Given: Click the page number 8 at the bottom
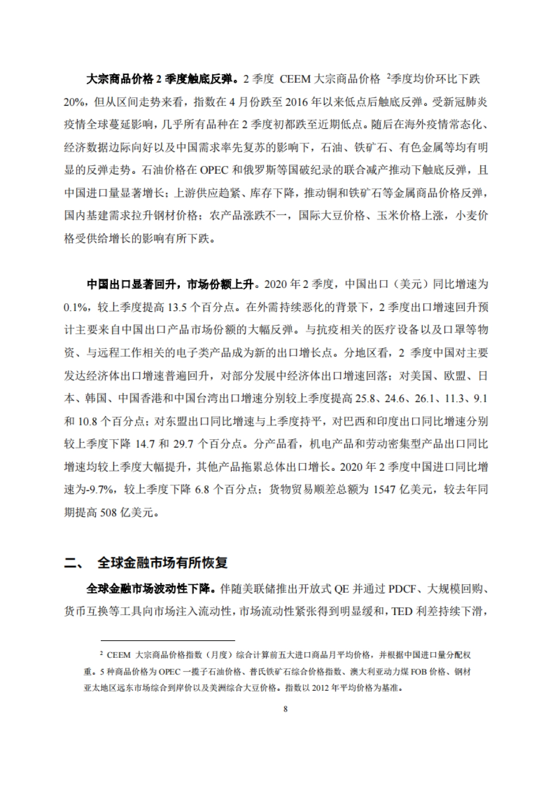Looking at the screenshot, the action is (285, 709).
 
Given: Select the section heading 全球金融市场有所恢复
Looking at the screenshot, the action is (162, 563).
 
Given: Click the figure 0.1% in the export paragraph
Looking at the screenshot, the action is (74, 307).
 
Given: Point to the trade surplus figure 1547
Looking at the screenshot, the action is (384, 489).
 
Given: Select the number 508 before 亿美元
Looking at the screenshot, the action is (108, 512).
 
